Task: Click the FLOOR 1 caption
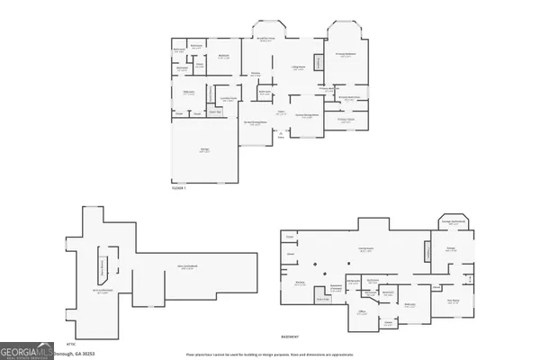(x=178, y=188)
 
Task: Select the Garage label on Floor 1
(x=204, y=149)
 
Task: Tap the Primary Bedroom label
(x=348, y=55)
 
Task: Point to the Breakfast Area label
(x=266, y=38)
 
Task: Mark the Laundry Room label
(x=229, y=98)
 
